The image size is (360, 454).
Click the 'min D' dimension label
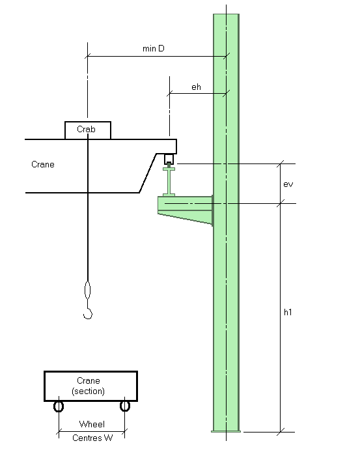pos(154,48)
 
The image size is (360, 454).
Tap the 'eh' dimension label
pos(196,87)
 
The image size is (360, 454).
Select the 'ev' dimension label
pos(288,184)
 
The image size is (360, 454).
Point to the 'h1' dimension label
pos(288,312)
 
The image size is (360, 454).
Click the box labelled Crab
pos(88,130)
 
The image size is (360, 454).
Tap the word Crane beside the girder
pos(43,164)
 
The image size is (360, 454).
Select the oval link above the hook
pos(87,290)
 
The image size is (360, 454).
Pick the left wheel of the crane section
pos(59,406)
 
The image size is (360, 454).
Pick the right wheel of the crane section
pos(125,406)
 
